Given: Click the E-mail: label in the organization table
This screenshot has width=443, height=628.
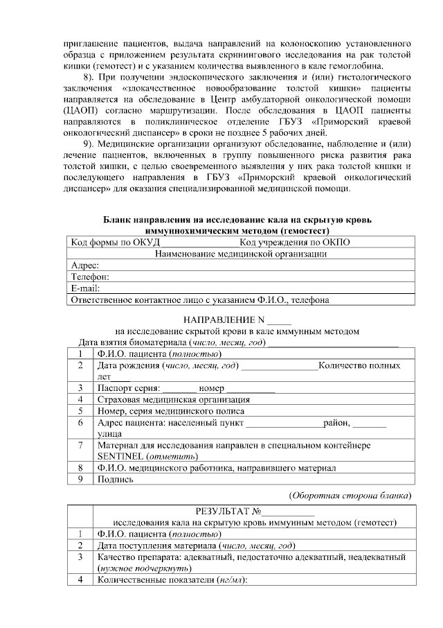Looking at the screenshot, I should tap(87, 288).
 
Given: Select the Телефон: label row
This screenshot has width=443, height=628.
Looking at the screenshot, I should tap(90, 277).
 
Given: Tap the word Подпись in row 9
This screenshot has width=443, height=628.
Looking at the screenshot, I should tap(116, 479).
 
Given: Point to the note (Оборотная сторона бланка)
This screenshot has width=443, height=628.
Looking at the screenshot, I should tap(350, 496).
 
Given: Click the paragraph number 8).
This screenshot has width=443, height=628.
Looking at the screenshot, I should tap(88, 76).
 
